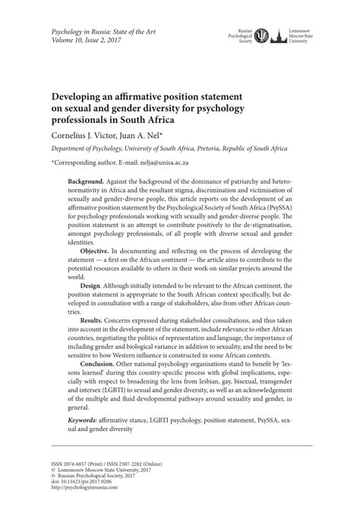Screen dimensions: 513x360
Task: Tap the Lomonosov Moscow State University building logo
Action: (x=280, y=36)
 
